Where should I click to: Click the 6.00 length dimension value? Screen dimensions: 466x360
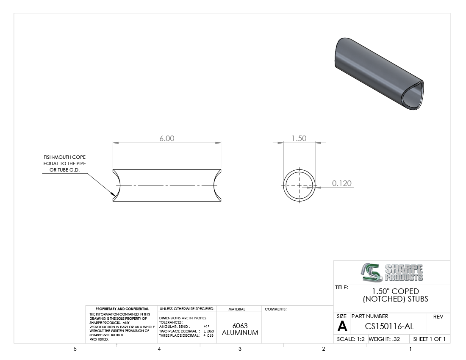pyautogui.click(x=167, y=138)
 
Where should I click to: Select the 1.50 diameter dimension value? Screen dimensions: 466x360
pyautogui.click(x=299, y=138)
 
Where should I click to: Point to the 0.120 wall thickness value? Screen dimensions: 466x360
pyautogui.click(x=342, y=183)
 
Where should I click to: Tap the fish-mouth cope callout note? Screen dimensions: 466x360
pyautogui.click(x=64, y=163)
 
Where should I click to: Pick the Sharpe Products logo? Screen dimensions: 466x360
pyautogui.click(x=392, y=272)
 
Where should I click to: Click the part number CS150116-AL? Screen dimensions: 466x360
pyautogui.click(x=389, y=327)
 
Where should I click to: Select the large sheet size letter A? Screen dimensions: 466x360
pyautogui.click(x=342, y=326)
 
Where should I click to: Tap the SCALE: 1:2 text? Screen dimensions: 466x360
pyautogui.click(x=351, y=339)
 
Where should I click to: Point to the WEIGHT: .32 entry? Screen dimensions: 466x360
pyautogui.click(x=384, y=339)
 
